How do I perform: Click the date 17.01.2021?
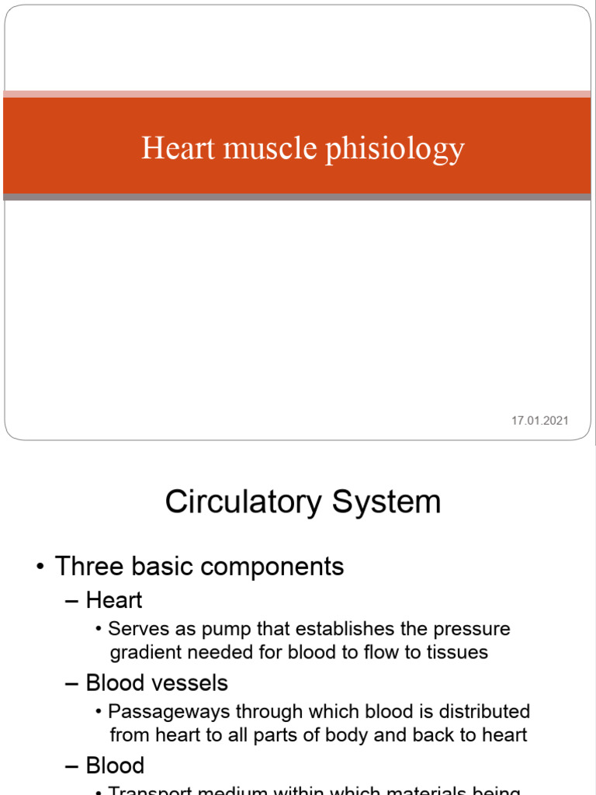coord(540,421)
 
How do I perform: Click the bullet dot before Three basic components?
coord(40,567)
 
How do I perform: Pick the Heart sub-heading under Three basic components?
coord(113,600)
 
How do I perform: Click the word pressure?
coord(473,629)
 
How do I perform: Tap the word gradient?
coord(145,651)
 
